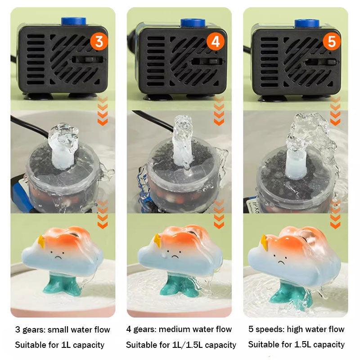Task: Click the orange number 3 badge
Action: coord(99,41)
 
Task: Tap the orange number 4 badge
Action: coord(216,41)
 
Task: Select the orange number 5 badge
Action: coord(332,41)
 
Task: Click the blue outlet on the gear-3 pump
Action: coord(74,22)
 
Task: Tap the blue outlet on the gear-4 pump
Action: coord(193,23)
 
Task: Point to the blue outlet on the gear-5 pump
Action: coord(307,23)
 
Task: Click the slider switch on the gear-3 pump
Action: coord(90,60)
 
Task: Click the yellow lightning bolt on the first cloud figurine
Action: coord(41,242)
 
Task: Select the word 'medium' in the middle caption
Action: coord(174,329)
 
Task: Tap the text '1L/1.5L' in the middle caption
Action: coord(188,345)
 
